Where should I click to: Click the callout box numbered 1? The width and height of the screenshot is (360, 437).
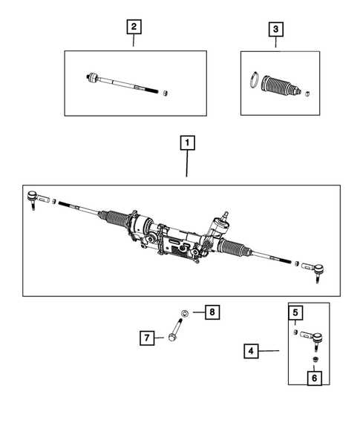187,142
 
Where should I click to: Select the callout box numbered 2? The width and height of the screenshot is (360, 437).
134,28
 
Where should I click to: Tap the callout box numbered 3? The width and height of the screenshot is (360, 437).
275,30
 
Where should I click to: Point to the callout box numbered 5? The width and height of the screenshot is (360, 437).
294,313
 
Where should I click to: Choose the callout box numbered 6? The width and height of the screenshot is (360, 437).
315,378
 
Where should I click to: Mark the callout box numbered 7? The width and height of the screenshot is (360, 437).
147,338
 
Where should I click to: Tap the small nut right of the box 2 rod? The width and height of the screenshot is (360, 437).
167,93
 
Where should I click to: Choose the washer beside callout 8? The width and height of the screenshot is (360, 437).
185,312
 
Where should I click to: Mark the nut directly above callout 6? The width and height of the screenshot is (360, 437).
315,361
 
